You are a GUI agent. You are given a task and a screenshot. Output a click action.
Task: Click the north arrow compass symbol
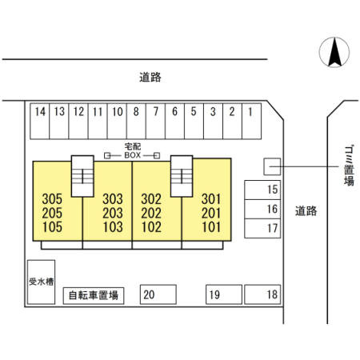point(334,52)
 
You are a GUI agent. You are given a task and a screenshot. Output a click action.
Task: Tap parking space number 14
point(40,121)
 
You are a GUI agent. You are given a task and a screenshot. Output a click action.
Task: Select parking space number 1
point(251,121)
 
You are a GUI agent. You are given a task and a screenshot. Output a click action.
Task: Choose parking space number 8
point(136,121)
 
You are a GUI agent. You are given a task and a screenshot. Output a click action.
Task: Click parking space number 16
point(262,209)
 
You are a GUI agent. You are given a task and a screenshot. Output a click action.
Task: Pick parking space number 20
point(158,294)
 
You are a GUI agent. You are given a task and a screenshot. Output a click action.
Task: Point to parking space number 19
point(224,294)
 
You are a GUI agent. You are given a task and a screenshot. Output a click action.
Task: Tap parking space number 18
point(262,294)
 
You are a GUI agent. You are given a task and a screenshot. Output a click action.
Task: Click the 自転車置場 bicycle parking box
point(94,296)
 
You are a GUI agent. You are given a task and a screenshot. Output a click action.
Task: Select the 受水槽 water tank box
point(42,282)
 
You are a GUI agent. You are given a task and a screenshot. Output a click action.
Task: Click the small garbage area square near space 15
point(272,166)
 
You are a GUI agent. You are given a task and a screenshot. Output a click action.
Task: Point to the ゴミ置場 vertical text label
point(349,166)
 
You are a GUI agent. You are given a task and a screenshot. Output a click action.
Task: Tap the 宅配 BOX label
point(133,150)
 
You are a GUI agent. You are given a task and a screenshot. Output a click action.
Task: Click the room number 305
point(52,199)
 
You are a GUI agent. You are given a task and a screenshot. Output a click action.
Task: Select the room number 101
point(211,227)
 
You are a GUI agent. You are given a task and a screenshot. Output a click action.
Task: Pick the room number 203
point(113,213)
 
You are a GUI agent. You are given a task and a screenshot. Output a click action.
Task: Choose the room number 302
point(151,199)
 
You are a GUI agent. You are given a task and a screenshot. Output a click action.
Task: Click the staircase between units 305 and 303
point(82,176)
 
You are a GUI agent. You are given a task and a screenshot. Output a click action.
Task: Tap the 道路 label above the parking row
point(150,78)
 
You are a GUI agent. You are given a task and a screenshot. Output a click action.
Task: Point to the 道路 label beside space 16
point(306,211)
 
